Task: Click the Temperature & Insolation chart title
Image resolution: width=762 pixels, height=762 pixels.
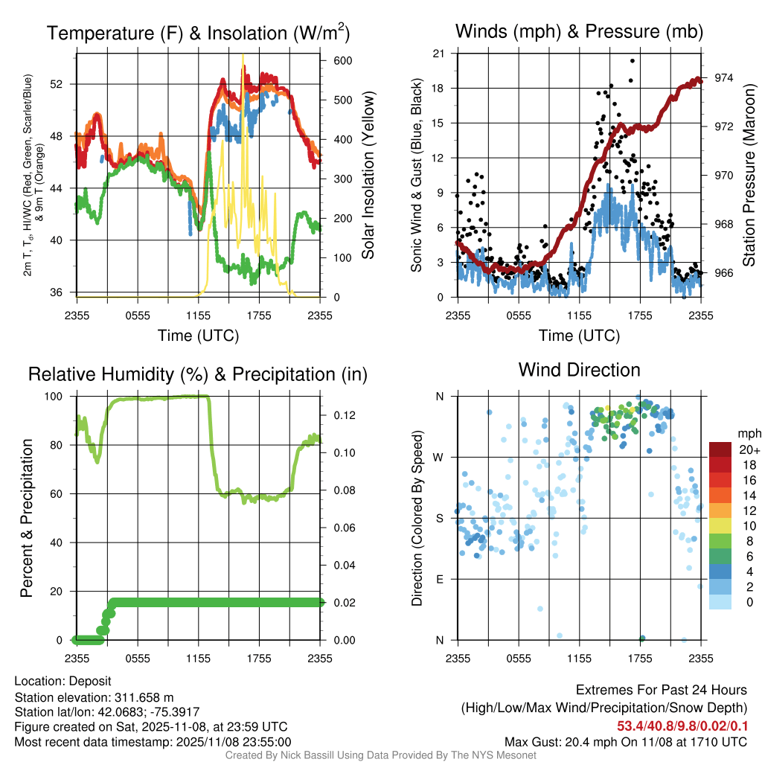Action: pyautogui.click(x=198, y=33)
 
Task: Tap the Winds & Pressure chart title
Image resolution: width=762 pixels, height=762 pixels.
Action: pyautogui.click(x=579, y=31)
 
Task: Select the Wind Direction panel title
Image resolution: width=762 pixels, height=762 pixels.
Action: pyautogui.click(x=579, y=370)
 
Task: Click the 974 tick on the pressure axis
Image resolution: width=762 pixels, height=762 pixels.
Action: pyautogui.click(x=723, y=78)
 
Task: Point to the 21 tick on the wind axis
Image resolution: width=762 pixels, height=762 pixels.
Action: pyautogui.click(x=438, y=54)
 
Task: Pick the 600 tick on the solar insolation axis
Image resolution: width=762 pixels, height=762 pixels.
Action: pyautogui.click(x=342, y=60)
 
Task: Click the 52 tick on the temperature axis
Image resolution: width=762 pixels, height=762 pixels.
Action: pyautogui.click(x=64, y=84)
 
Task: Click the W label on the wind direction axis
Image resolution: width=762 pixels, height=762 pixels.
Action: pyautogui.click(x=440, y=457)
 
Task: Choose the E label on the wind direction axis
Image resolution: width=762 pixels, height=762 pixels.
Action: pyautogui.click(x=440, y=579)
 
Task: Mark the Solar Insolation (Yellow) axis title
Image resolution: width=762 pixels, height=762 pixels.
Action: pyautogui.click(x=368, y=176)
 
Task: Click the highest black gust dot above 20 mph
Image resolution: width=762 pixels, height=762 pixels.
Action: pyautogui.click(x=633, y=61)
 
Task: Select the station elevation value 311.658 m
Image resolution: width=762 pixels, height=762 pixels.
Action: pyautogui.click(x=144, y=697)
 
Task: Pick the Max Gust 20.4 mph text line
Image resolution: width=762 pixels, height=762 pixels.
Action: pyautogui.click(x=625, y=742)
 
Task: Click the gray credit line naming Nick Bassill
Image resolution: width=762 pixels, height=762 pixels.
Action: pyautogui.click(x=380, y=755)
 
